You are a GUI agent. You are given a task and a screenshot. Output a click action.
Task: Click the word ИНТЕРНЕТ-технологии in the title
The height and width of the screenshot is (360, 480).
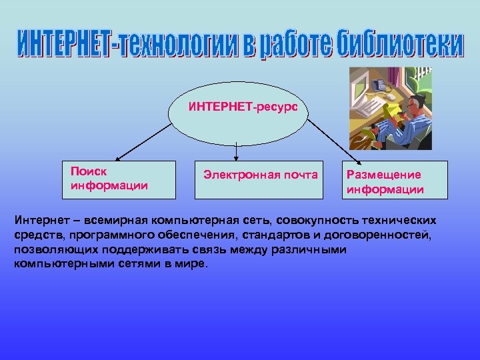111,45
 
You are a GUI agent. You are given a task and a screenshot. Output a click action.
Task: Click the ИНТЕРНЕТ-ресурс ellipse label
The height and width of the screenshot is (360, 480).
238,106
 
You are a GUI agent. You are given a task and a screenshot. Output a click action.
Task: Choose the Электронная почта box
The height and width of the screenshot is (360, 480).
260,179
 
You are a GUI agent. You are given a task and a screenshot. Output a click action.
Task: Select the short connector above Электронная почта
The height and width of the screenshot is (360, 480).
237,151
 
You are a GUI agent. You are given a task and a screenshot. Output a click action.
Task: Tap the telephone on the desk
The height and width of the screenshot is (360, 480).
382,86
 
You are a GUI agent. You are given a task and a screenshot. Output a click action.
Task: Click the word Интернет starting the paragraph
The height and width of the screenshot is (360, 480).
37,221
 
